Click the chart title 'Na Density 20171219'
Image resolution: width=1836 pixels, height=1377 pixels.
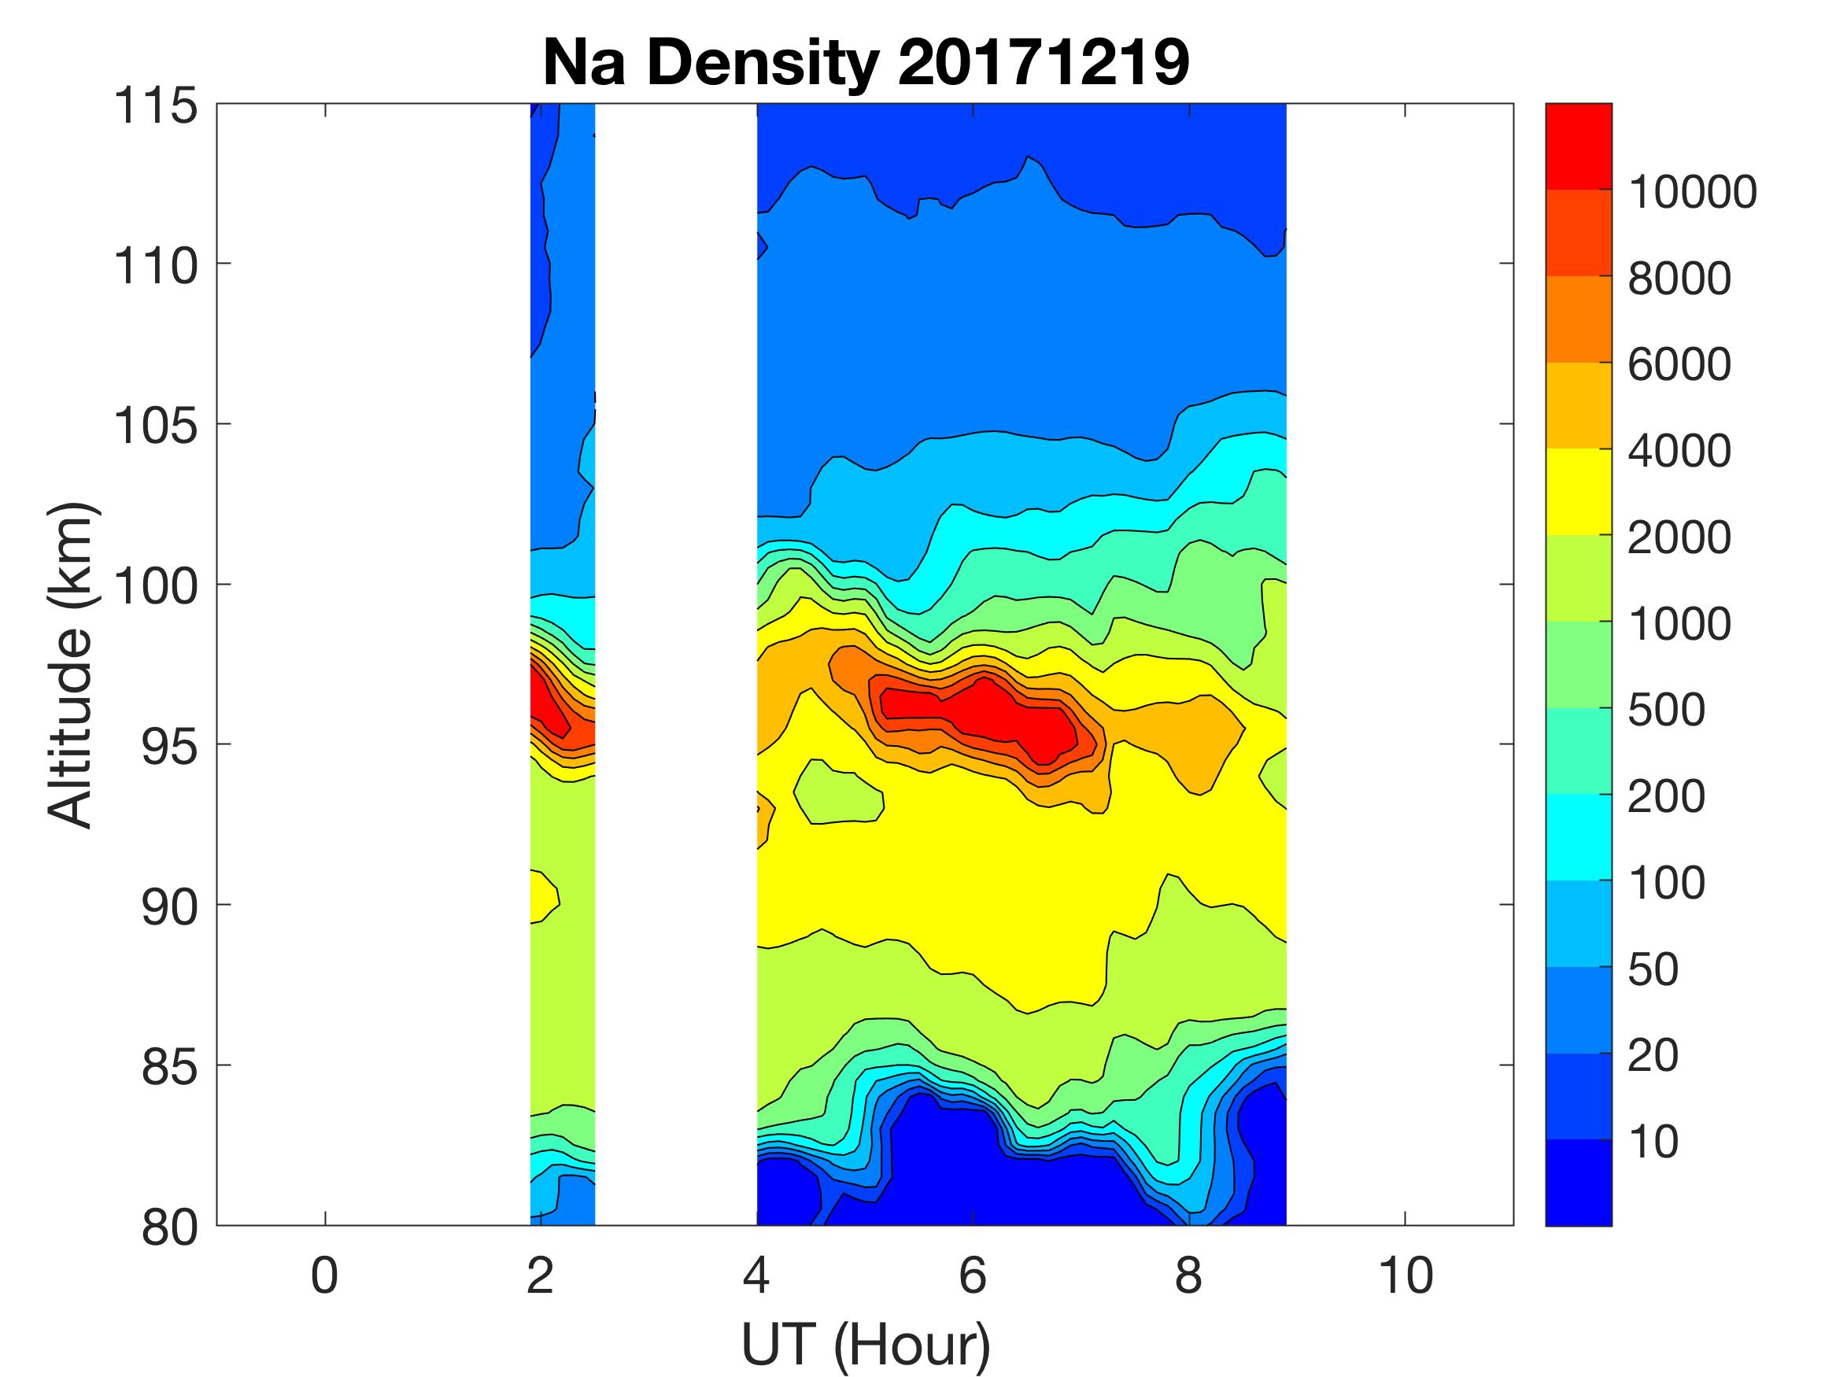pos(865,63)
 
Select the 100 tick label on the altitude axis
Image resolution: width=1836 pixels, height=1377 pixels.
pos(155,586)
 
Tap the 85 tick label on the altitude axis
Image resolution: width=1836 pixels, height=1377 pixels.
pos(169,1066)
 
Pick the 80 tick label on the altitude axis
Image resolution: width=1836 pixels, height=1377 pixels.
pos(169,1227)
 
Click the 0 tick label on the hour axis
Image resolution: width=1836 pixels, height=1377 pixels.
pos(324,1275)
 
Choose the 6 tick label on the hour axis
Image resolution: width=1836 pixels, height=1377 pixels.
pos(973,1275)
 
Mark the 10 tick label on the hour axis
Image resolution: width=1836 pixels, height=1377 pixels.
pos(1406,1275)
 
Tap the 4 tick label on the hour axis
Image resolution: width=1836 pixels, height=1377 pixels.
pos(756,1275)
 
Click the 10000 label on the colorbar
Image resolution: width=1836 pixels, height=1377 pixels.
pos(1691,192)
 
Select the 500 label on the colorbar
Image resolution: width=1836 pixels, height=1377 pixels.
pos(1666,710)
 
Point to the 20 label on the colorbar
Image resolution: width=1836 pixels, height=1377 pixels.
pos(1653,1055)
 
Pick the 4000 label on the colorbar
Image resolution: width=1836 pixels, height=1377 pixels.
pos(1679,451)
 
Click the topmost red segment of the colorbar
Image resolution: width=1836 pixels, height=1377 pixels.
pos(1578,146)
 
